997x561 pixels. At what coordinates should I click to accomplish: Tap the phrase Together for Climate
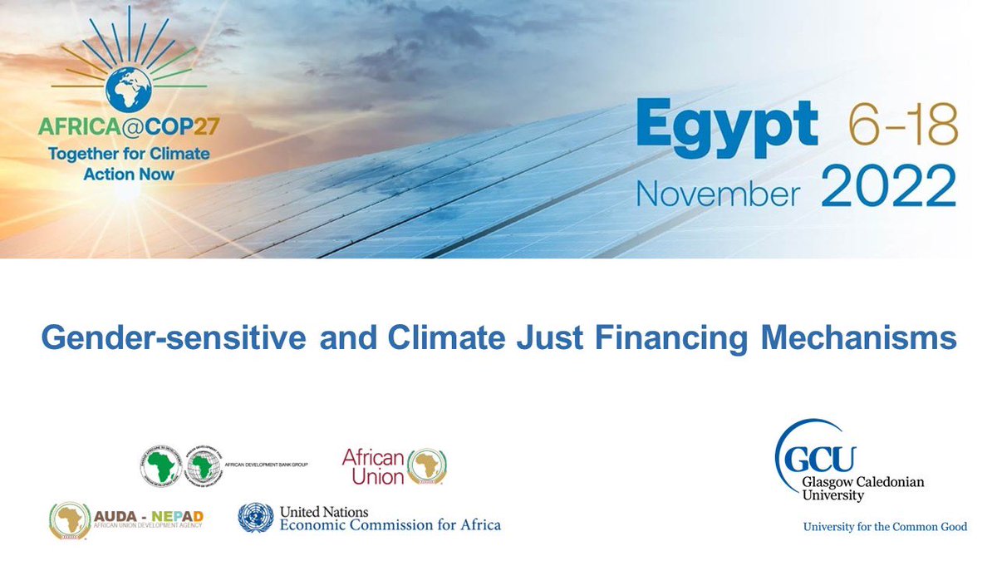129,154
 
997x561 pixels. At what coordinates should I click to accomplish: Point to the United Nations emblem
255,518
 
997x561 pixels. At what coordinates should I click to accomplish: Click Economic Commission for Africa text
390,524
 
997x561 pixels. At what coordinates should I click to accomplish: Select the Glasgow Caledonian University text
860,488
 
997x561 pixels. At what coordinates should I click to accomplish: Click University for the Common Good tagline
884,526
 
